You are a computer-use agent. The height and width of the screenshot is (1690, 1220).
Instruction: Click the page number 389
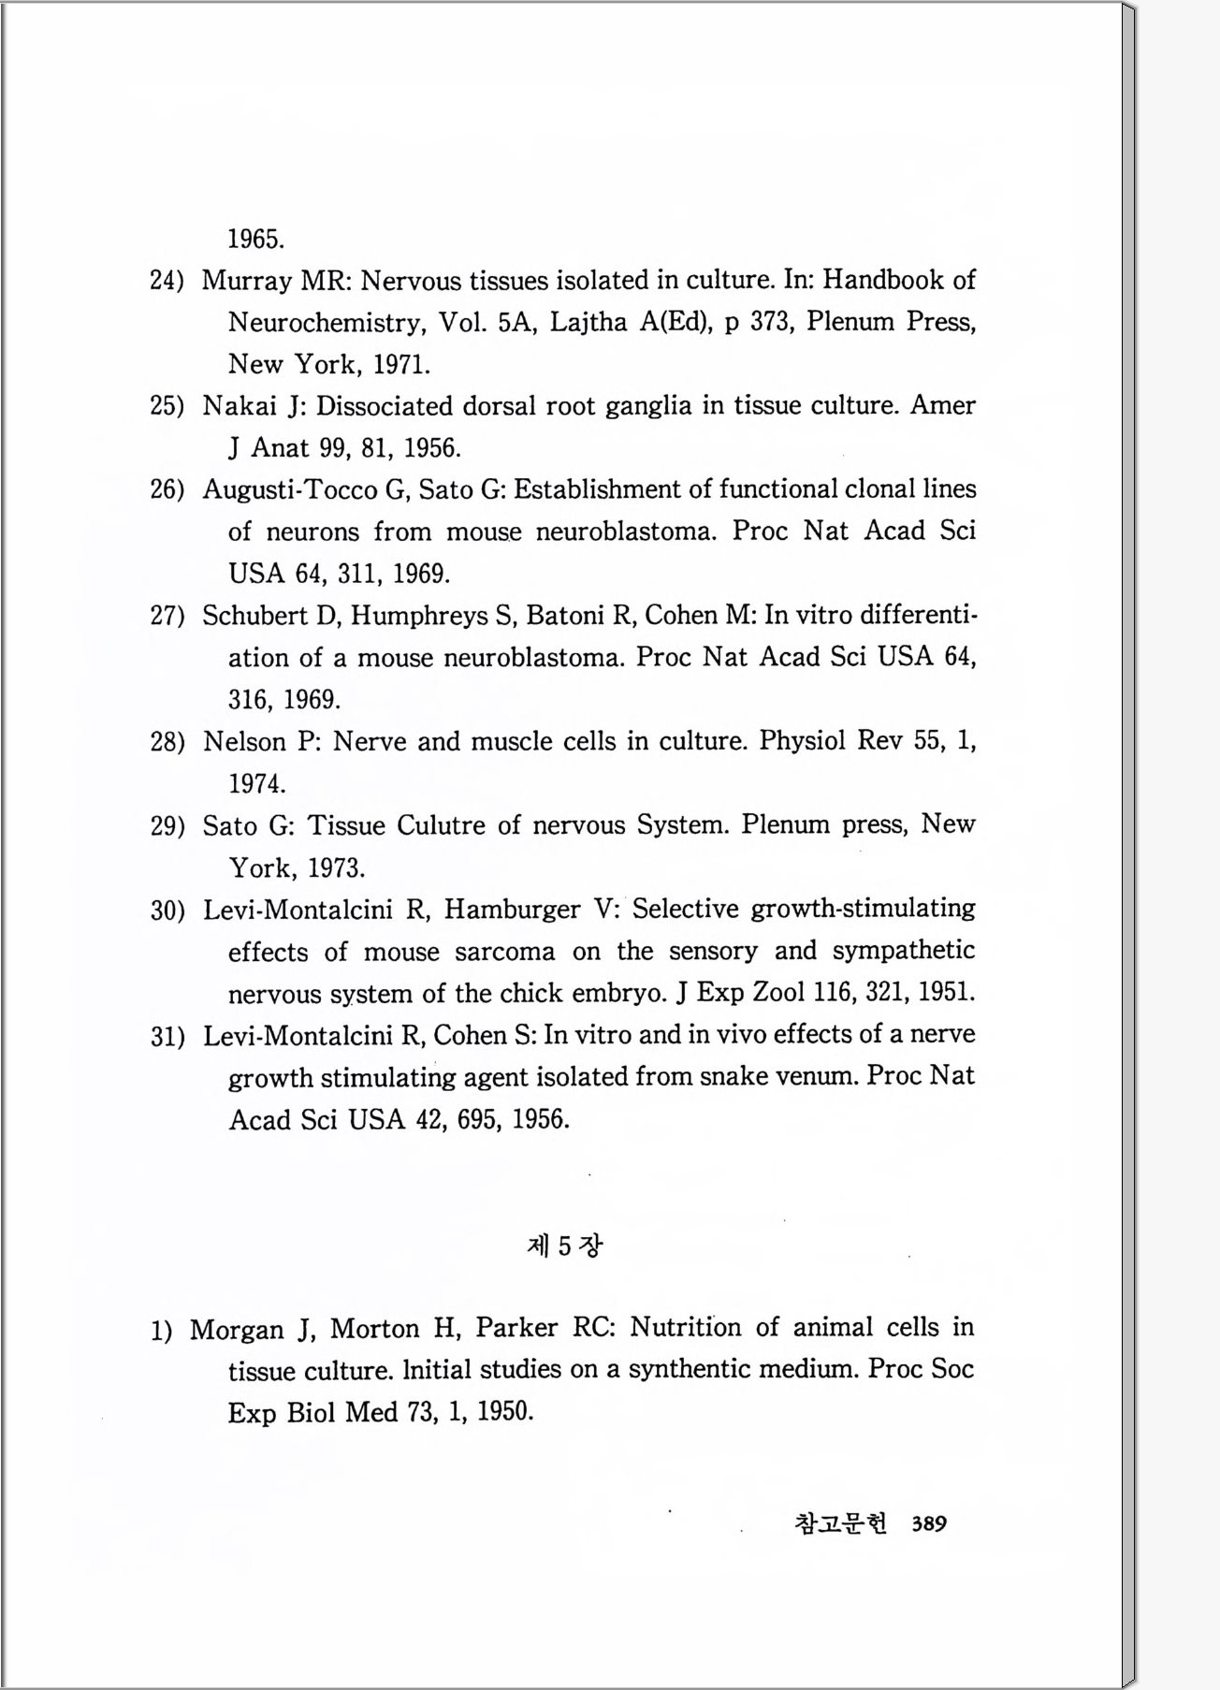[928, 1523]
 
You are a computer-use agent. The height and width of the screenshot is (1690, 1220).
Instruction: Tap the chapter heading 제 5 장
[565, 1246]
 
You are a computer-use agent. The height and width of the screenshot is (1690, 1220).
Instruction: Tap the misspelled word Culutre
[441, 825]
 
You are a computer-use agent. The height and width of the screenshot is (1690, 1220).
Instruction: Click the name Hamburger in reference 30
[512, 910]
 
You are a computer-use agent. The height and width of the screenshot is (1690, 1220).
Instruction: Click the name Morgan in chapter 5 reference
[237, 1330]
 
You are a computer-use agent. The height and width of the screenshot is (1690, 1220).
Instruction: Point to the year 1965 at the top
[255, 240]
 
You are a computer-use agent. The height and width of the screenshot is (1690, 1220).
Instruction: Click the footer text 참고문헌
[839, 1523]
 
